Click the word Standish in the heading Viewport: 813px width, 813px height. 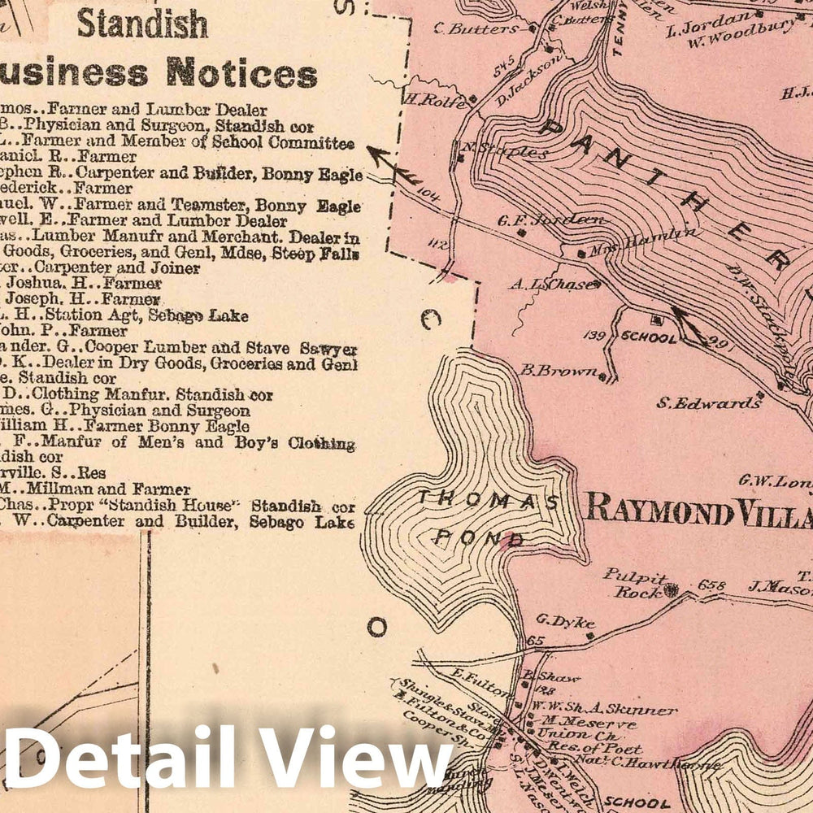point(142,25)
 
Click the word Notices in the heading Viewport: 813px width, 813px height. point(241,73)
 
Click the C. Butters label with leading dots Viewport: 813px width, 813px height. point(476,29)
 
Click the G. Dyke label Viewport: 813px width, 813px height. point(561,620)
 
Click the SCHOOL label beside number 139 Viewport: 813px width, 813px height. point(648,337)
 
